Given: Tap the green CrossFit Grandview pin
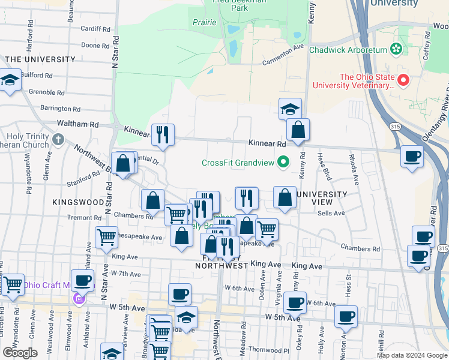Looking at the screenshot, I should coord(283,162).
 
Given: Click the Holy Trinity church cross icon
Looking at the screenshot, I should coord(58,140).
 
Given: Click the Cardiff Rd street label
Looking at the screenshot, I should coord(96,28).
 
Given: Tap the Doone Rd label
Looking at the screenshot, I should coord(95,45).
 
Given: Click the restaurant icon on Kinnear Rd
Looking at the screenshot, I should coord(162,135).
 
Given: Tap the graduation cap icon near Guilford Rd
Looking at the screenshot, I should coord(10,81).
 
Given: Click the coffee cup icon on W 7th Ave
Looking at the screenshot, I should coord(83,280).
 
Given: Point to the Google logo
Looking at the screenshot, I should coord(20,353).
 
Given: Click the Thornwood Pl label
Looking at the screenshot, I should coord(269,349).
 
